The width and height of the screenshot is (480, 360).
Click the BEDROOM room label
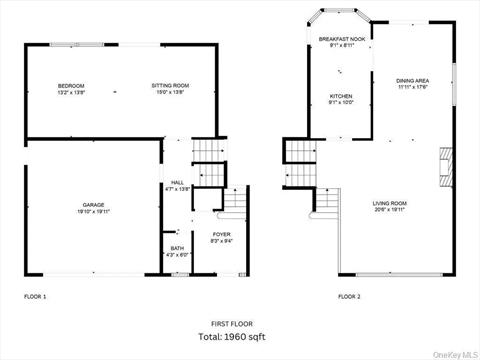pos(71,86)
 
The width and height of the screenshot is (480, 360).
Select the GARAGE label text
pos(93,207)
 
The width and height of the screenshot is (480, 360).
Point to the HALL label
pos(176,182)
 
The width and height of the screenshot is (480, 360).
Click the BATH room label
pos(176,248)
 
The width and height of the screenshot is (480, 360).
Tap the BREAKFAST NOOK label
pos(340,39)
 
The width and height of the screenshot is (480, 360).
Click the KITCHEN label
pos(341,96)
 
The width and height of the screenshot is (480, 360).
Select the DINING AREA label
pos(412,80)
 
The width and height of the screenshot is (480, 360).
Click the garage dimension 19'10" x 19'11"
pos(93,213)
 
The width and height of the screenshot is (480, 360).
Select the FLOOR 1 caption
pos(35,297)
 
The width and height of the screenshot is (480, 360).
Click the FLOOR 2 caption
pos(349,297)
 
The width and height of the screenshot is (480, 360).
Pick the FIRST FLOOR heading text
pos(232,324)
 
